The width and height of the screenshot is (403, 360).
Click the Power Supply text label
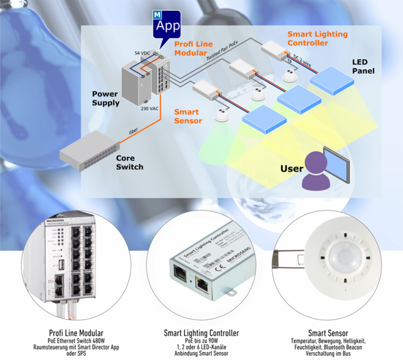[106, 98]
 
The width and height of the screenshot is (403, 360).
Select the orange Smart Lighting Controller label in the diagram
[317, 38]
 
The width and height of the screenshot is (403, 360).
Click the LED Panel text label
[363, 67]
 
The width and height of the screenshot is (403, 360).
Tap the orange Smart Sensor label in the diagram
[188, 116]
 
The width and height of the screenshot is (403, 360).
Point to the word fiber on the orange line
[134, 132]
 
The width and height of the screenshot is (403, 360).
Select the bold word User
[291, 169]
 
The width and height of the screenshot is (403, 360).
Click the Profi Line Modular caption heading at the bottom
[76, 332]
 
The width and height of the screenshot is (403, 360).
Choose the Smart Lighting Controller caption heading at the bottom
[201, 332]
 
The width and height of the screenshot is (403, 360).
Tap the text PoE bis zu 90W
[201, 340]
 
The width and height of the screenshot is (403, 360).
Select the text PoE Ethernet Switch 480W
[76, 340]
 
